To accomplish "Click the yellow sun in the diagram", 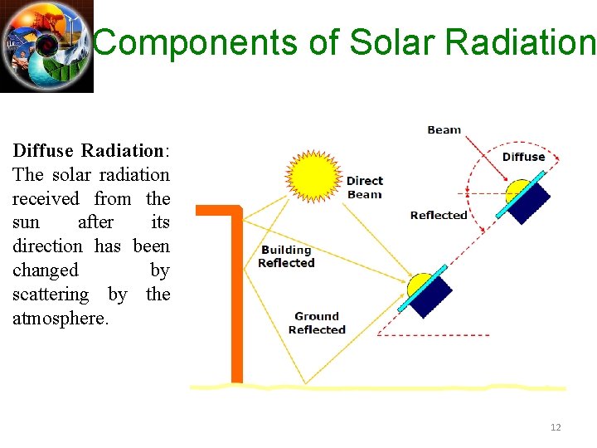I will click(313, 176).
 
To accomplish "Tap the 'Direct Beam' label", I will click(364, 187).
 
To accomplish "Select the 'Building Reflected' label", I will click(286, 256).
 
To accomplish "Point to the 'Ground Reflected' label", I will click(317, 323).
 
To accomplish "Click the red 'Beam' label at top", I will click(444, 129).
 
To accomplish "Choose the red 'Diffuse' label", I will click(523, 157).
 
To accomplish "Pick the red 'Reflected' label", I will click(439, 215).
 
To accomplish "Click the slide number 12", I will click(556, 427).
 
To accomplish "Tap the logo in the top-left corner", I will click(46, 46).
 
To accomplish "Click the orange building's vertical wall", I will click(236, 307).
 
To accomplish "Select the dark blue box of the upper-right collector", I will click(529, 202).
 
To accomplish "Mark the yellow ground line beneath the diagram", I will click(377, 387).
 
